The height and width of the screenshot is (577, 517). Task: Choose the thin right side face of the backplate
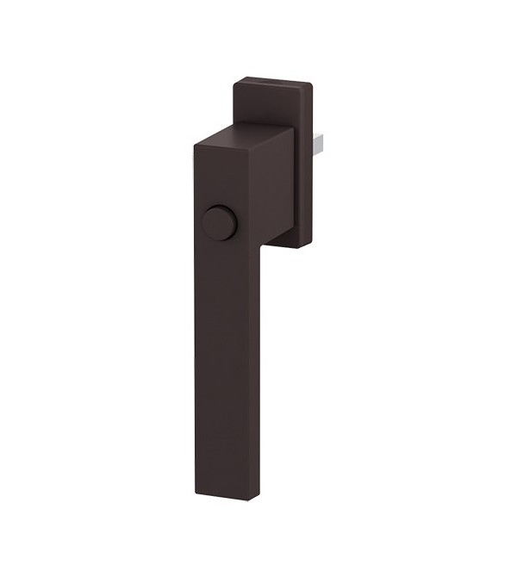[309, 164]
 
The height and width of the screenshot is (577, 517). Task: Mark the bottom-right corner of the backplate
[308, 245]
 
